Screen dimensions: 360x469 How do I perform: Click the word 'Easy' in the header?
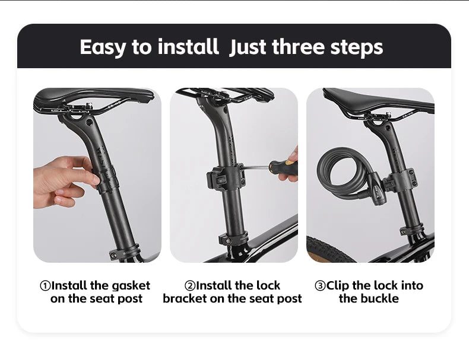pyautogui.click(x=103, y=47)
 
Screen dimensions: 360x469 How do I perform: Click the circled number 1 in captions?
pyautogui.click(x=45, y=286)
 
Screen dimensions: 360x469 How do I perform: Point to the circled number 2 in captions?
pyautogui.click(x=190, y=286)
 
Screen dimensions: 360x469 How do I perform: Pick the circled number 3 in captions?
pyautogui.click(x=320, y=286)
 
